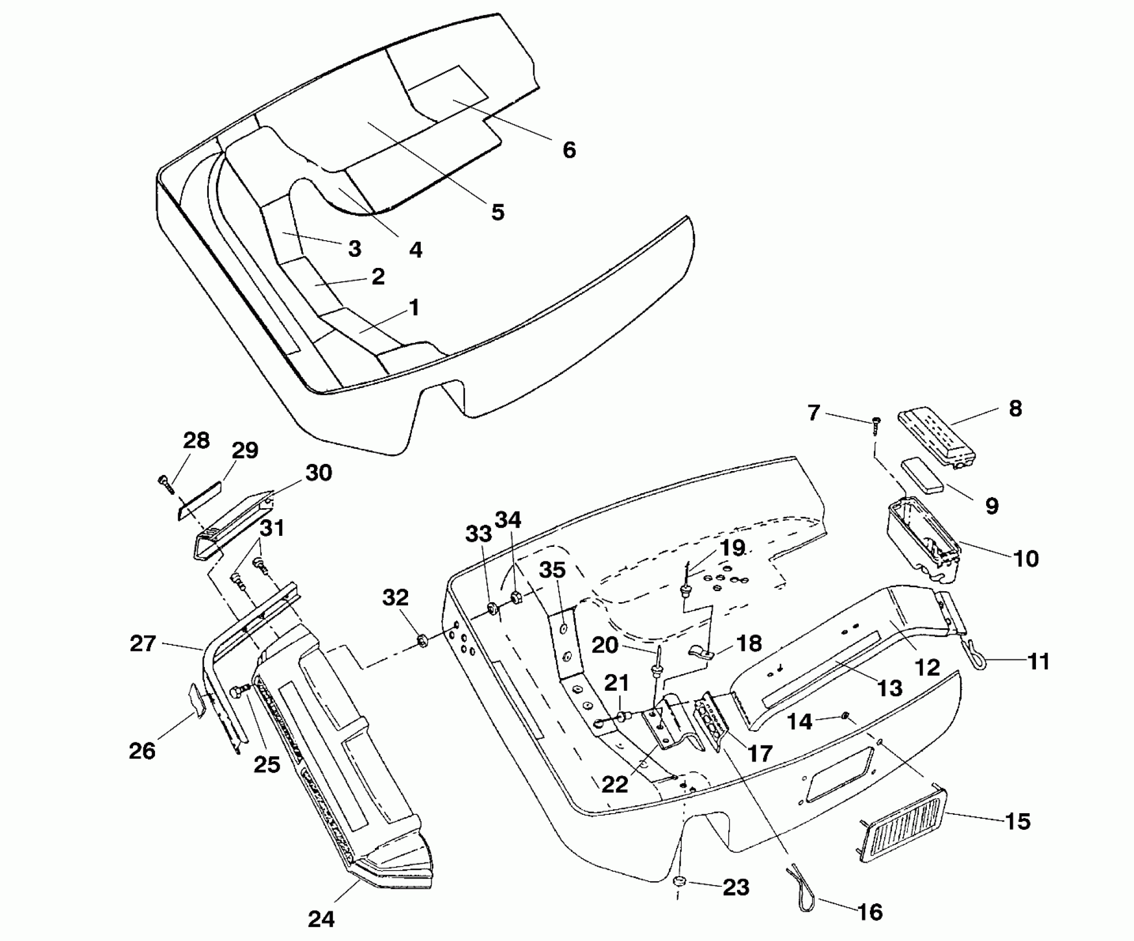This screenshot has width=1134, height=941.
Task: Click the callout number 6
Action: click(569, 150)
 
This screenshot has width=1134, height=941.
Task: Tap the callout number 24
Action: click(321, 919)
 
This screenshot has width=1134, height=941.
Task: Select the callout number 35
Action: click(553, 570)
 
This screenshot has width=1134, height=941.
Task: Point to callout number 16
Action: click(870, 911)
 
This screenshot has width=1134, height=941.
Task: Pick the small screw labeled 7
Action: click(876, 426)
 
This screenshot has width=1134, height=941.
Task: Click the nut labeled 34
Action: click(514, 597)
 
